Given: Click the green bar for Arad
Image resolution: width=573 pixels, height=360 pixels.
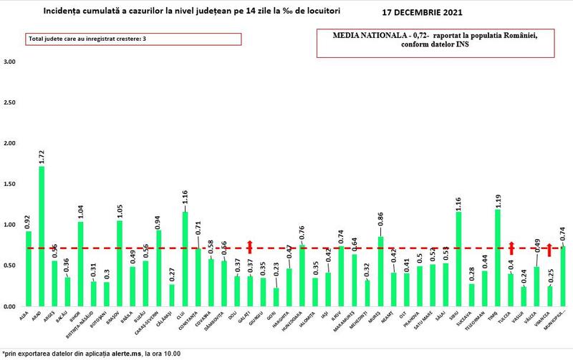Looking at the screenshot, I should pos(42,236).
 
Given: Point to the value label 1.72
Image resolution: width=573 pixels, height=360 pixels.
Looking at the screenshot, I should pos(42,156).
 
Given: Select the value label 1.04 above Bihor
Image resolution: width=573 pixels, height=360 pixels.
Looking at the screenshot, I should pos(80,211).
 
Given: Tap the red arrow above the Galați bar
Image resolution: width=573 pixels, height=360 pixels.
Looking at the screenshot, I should pos(250,246).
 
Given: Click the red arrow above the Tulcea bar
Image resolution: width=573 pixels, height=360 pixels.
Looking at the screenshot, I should pos(511,248).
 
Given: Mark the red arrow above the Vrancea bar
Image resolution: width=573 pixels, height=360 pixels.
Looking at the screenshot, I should pos(549,249).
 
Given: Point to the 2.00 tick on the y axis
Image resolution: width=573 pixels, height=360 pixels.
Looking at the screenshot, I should pos(10,144).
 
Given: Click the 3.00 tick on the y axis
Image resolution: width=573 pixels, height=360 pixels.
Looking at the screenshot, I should pos(10,62).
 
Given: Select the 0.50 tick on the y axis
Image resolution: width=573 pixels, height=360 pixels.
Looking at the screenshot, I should pos(10,266).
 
